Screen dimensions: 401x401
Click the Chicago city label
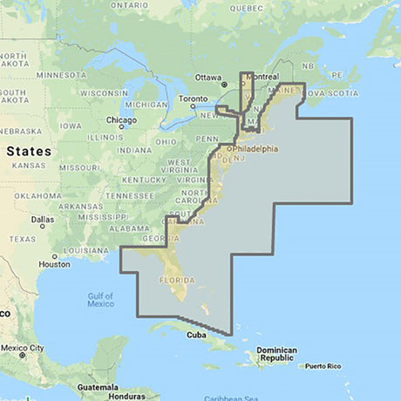pyautogui.click(x=121, y=119)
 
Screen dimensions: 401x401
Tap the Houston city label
pyautogui.click(x=54, y=264)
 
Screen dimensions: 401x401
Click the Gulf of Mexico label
pyautogui.click(x=100, y=300)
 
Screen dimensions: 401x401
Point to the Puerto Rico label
pyautogui.click(x=328, y=366)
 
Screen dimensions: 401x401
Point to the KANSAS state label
pyautogui.click(x=29, y=165)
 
